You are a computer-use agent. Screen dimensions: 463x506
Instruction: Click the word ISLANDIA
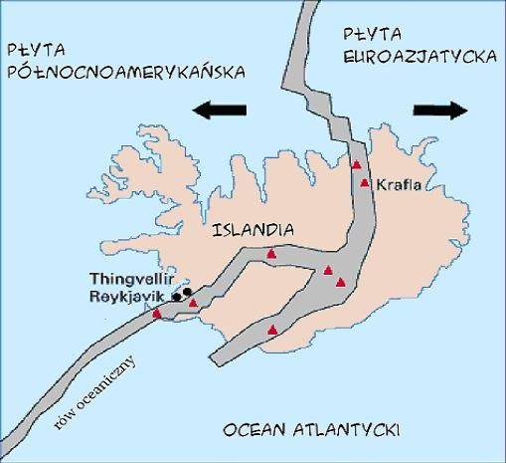click(x=253, y=229)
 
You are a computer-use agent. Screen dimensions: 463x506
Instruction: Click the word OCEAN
click(x=254, y=430)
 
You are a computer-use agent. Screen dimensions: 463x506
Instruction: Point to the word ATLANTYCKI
click(x=347, y=430)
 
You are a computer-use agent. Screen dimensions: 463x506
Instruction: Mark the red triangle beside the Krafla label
click(x=366, y=183)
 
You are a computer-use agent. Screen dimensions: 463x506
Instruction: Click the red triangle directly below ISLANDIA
click(x=271, y=256)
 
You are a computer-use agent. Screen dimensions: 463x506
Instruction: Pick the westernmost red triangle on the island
click(x=157, y=314)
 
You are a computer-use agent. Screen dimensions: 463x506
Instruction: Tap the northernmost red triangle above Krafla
click(x=356, y=164)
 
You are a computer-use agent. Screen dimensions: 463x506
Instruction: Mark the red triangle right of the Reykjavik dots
click(x=193, y=303)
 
